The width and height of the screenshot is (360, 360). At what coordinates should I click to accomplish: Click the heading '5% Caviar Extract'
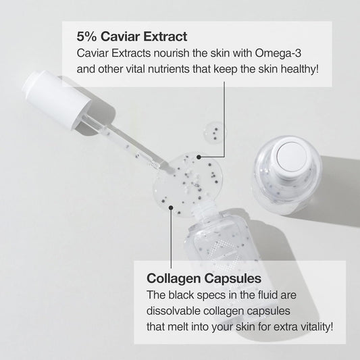point(132,36)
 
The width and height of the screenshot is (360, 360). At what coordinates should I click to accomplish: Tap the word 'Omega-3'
point(278,53)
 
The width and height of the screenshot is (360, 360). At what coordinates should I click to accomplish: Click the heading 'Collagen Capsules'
point(204,278)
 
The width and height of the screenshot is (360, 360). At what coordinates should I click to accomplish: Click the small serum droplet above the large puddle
point(213,133)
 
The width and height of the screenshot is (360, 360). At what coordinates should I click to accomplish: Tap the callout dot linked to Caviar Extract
point(199,157)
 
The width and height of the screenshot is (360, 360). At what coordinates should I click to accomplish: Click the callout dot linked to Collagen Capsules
point(171,208)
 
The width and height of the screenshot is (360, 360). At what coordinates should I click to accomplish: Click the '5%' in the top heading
point(86,36)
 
